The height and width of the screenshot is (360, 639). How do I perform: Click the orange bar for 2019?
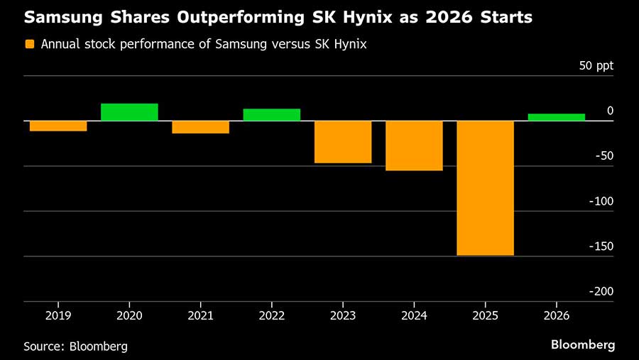pyautogui.click(x=58, y=126)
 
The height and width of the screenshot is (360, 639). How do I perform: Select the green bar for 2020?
pyautogui.click(x=129, y=112)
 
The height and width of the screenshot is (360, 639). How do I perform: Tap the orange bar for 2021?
pyautogui.click(x=200, y=127)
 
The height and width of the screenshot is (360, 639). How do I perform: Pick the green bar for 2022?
pyautogui.click(x=271, y=115)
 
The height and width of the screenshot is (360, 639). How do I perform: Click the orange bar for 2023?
pyautogui.click(x=343, y=142)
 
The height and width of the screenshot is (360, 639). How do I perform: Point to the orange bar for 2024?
pyautogui.click(x=414, y=146)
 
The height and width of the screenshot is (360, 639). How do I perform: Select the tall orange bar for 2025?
pyautogui.click(x=485, y=188)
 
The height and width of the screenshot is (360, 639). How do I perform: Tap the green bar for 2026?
pyautogui.click(x=556, y=117)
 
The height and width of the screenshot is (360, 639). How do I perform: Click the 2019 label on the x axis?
pyautogui.click(x=58, y=313)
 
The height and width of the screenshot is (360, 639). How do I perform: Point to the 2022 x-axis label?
pyautogui.click(x=271, y=313)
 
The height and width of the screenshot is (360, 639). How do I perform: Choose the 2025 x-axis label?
pyautogui.click(x=485, y=313)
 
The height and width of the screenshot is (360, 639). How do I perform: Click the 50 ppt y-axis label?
pyautogui.click(x=596, y=66)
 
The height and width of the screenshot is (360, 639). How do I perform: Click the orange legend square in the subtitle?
pyautogui.click(x=30, y=44)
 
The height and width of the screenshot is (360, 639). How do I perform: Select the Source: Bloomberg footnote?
pyautogui.click(x=76, y=347)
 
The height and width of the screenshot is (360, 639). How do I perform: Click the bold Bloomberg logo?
pyautogui.click(x=583, y=345)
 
